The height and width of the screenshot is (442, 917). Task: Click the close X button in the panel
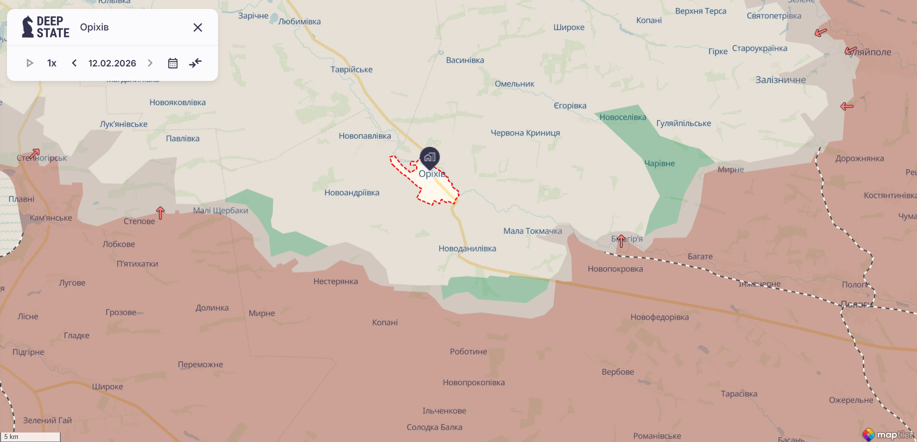(198, 27)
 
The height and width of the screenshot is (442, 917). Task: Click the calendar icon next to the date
(173, 63)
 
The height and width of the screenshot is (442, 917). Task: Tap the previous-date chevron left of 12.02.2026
(74, 63)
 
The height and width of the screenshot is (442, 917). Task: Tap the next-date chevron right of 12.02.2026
(150, 63)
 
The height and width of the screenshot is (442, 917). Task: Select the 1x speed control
(52, 63)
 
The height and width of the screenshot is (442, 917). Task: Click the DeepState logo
(45, 27)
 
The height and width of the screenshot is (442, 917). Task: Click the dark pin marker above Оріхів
(430, 157)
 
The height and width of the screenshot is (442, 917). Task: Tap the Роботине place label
(468, 352)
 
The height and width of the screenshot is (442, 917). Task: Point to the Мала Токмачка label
(532, 231)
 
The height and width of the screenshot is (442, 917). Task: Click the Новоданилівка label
(467, 248)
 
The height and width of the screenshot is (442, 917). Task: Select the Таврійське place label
(351, 69)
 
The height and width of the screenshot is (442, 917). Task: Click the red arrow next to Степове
(160, 213)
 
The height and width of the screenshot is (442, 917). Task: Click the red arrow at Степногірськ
(34, 153)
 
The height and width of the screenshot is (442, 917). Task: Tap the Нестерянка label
(335, 281)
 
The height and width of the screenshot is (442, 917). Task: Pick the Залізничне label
(780, 80)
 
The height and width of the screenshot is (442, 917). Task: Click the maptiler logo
(888, 435)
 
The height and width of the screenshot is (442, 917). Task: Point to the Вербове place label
(618, 372)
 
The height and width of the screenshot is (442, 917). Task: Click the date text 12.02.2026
(112, 63)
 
